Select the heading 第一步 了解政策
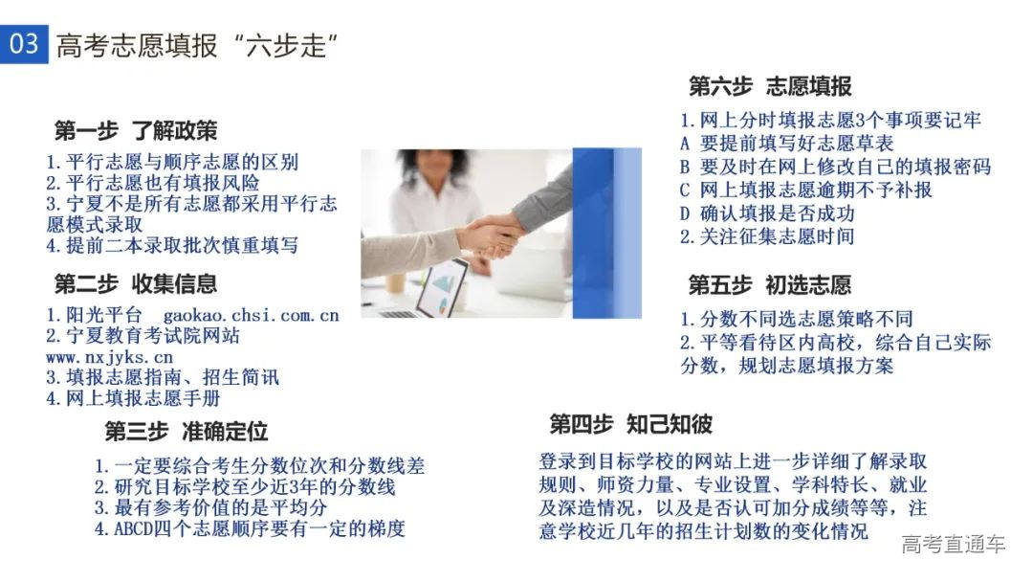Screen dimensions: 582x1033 pos(136,130)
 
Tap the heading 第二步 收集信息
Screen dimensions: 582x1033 pos(136,283)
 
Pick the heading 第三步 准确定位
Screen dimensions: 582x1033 pos(186,431)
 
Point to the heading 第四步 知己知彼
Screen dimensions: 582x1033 pos(630,424)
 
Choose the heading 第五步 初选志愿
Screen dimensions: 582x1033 pos(769,285)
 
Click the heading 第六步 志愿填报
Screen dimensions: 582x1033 pos(769,86)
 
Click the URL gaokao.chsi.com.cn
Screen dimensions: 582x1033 pos(251,314)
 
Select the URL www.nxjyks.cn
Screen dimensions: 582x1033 pos(109,357)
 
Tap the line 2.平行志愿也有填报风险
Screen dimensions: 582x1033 pos(152,182)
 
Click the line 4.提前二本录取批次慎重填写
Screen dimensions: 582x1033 pos(172,245)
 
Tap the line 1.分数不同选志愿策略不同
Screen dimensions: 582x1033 pos(796,319)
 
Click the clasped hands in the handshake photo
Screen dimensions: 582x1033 pos(493,235)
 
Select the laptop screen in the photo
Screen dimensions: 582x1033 pos(441,287)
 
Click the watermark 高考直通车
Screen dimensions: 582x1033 pos(953,545)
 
